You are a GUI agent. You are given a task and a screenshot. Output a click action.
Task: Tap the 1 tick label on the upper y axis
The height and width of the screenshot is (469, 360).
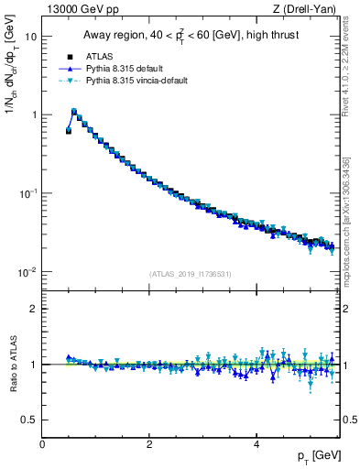[34, 115]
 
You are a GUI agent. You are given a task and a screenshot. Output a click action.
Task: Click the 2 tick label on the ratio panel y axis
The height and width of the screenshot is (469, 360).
[34, 309]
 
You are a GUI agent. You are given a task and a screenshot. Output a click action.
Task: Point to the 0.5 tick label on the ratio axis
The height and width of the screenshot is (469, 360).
[29, 420]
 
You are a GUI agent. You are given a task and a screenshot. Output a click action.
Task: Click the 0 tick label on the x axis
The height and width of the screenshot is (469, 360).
[42, 444]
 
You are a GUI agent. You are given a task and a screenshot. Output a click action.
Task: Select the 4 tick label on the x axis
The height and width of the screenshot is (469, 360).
[256, 444]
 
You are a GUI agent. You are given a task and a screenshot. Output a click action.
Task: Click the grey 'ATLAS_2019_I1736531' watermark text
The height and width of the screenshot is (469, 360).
[189, 274]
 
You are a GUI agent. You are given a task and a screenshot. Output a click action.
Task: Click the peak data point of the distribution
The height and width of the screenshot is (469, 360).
[74, 113]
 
